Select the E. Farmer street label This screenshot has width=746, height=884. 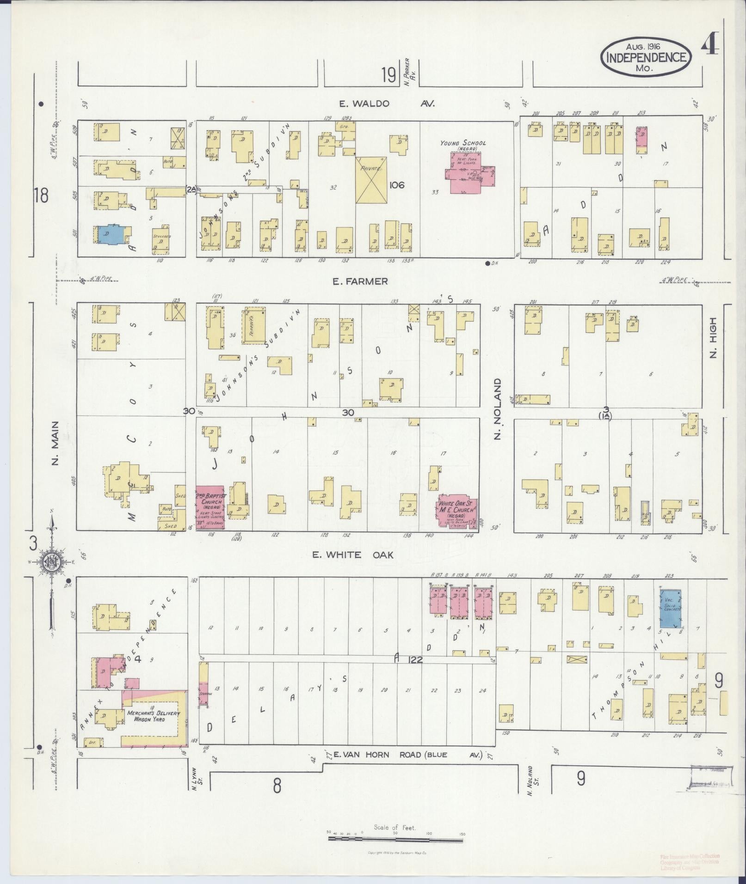(x=360, y=281)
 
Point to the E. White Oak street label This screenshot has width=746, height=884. (x=353, y=555)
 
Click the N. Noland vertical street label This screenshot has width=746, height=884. (x=498, y=409)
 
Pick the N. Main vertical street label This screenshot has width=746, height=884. (x=55, y=443)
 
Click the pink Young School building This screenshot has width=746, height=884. (x=468, y=172)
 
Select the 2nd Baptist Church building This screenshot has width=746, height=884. (x=210, y=507)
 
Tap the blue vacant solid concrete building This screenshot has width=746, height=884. (x=670, y=607)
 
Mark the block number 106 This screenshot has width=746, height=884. (x=397, y=185)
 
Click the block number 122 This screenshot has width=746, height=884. (x=415, y=660)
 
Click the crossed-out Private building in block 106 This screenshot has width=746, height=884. (x=372, y=179)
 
